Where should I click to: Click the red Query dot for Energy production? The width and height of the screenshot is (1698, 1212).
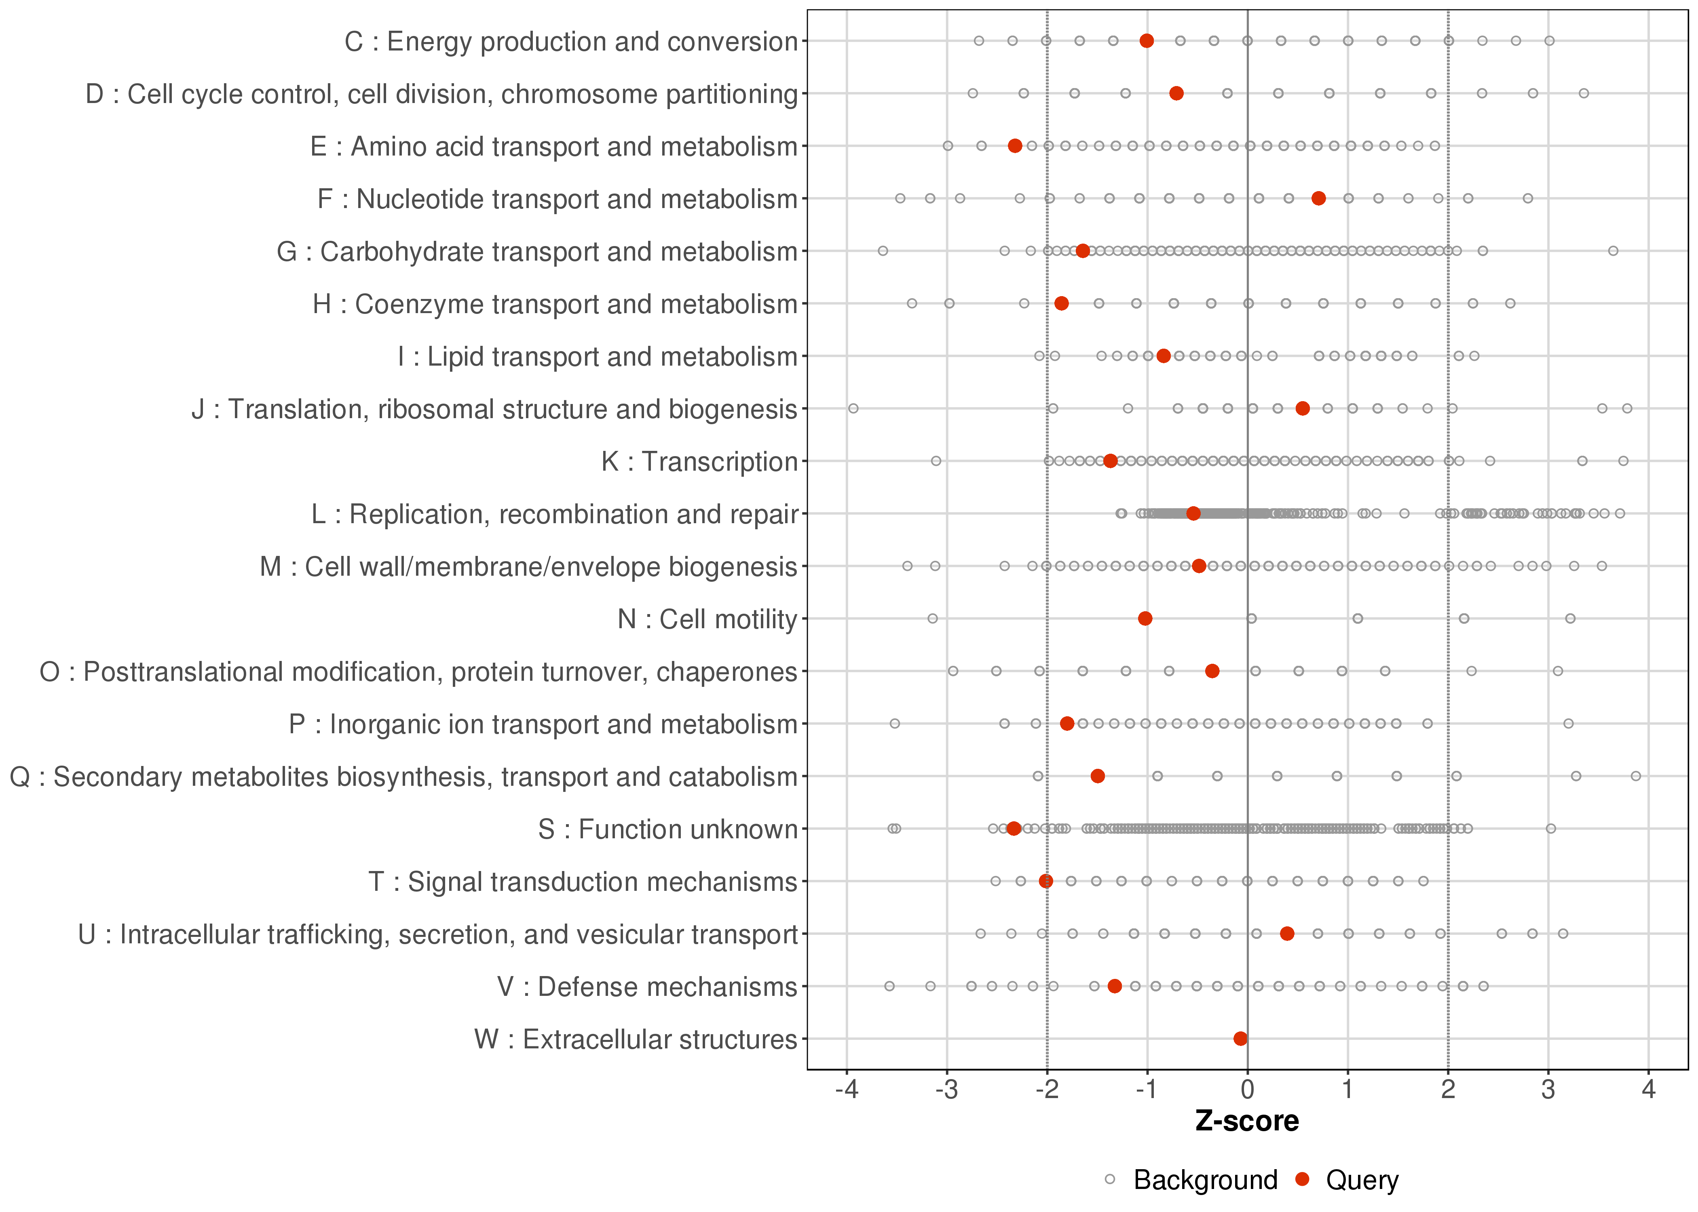(1147, 41)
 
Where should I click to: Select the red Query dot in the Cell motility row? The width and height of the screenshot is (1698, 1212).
(1145, 619)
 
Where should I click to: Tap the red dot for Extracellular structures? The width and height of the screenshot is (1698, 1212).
(1240, 1039)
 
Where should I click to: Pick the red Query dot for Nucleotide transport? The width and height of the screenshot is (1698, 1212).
(1319, 198)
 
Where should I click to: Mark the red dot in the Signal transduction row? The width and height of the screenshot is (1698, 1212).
(1046, 882)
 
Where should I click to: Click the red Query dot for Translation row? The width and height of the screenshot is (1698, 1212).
(1302, 408)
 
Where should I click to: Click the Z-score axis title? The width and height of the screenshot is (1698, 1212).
(1247, 1121)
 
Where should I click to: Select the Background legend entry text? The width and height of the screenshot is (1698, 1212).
(1205, 1180)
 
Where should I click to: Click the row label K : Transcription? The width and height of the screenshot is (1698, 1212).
(700, 462)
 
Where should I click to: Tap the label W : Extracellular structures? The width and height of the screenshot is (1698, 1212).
(636, 1039)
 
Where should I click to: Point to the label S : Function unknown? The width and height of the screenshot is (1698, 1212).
(667, 829)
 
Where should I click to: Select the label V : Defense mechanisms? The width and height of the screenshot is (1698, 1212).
(647, 987)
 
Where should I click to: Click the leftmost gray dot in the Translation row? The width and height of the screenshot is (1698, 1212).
(853, 408)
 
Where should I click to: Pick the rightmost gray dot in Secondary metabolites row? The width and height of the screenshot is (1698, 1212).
(1636, 776)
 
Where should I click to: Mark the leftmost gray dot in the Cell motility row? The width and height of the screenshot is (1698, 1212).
(932, 619)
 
